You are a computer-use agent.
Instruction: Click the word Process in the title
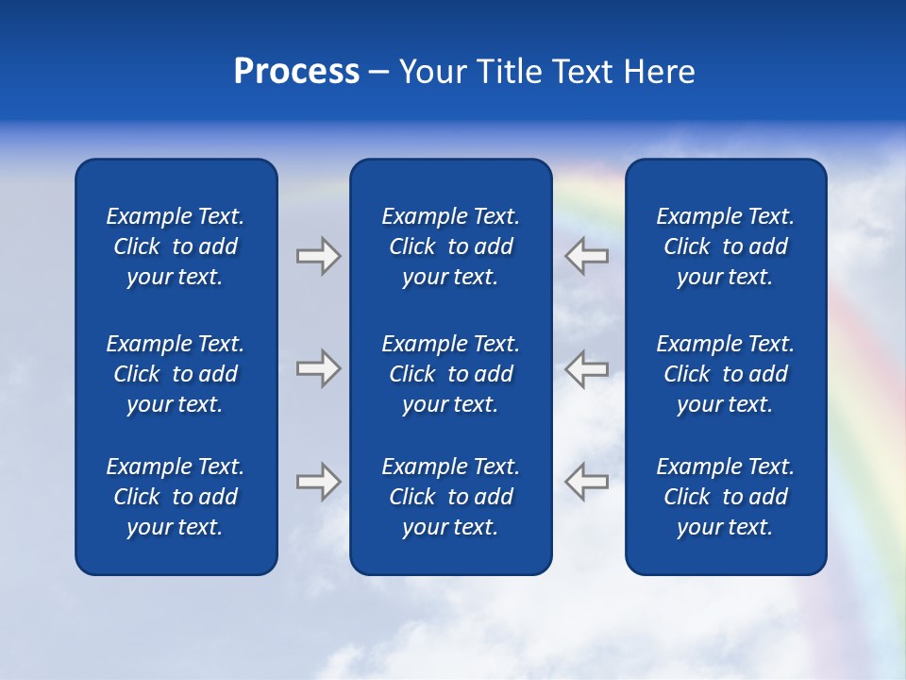click(x=296, y=72)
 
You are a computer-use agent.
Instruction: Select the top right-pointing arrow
click(x=318, y=256)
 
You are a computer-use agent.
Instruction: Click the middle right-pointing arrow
click(x=318, y=368)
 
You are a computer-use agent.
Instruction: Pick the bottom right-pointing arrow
click(x=318, y=482)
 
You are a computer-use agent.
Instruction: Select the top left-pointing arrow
click(x=587, y=256)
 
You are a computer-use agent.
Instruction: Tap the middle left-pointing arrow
click(x=587, y=368)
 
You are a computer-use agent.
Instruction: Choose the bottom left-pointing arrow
click(x=587, y=482)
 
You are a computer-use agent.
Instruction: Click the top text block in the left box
click(x=176, y=246)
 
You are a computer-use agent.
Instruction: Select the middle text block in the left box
click(x=176, y=374)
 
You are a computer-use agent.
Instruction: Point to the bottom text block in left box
click(x=176, y=497)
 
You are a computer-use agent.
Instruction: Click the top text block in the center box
click(x=450, y=246)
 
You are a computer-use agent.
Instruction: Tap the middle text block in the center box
click(x=450, y=374)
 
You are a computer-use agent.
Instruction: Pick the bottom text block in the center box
click(x=450, y=497)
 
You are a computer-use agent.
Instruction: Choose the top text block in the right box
click(x=725, y=246)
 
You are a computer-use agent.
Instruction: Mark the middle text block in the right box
click(x=725, y=374)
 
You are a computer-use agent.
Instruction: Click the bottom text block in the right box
click(x=725, y=497)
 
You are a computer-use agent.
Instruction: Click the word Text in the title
click(x=584, y=72)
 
